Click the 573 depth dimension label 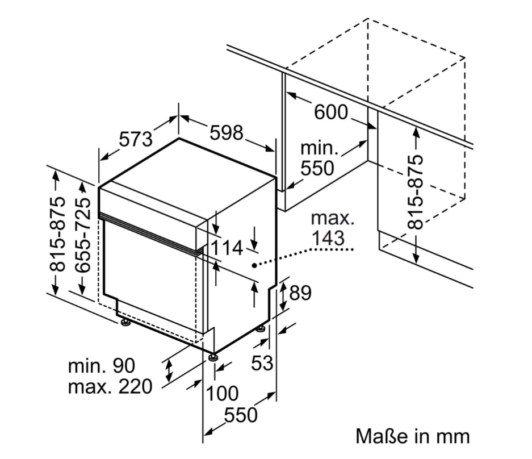(136, 139)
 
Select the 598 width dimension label (227, 132)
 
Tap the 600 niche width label (331, 112)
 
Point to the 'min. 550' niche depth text (319, 158)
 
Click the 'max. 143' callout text (328, 228)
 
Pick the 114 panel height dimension (227, 248)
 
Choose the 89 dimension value (300, 293)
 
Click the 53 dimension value (262, 363)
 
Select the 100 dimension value (221, 393)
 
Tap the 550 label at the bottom (240, 415)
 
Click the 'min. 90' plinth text (102, 366)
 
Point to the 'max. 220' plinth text (110, 387)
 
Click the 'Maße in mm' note (413, 436)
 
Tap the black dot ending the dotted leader (254, 265)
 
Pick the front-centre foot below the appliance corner (213, 357)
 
